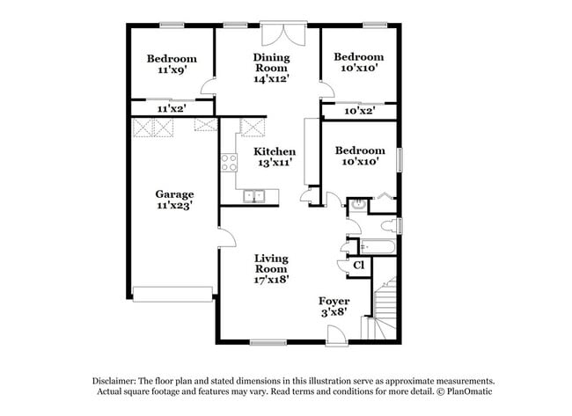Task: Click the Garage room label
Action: [x=174, y=193]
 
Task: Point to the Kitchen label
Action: [x=275, y=151]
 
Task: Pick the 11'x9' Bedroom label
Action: [x=171, y=59]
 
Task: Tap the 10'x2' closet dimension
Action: [x=359, y=111]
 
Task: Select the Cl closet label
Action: [x=358, y=265]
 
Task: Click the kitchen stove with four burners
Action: [x=229, y=162]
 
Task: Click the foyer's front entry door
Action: [x=334, y=334]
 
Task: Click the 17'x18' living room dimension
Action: [x=272, y=279]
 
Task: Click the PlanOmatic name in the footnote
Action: [x=469, y=390]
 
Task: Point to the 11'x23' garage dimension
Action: [x=174, y=205]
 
